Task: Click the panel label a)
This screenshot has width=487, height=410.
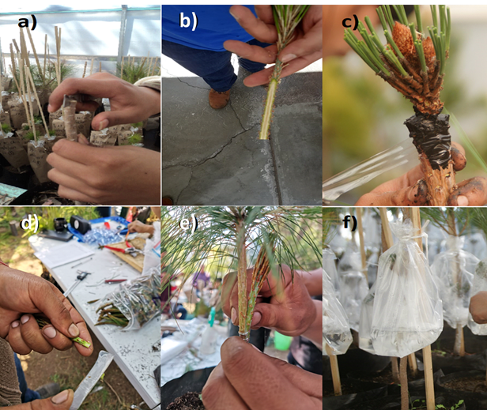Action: coord(27,23)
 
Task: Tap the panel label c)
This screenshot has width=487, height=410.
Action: coord(350,22)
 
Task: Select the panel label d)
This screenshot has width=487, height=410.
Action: coord(28,223)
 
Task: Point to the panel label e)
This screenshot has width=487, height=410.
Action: coord(188,223)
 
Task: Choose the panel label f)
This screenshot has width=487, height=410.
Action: coord(350,223)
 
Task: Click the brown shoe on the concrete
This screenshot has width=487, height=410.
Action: coord(219,99)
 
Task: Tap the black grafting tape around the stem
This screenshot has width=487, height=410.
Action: coord(428,137)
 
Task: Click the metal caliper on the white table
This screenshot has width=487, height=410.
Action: coord(77,282)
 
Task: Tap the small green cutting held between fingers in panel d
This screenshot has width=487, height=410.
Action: coord(81,342)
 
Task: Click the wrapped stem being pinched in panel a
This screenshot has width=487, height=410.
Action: coord(71,120)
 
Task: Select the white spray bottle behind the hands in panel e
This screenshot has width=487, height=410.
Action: coord(210,332)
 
